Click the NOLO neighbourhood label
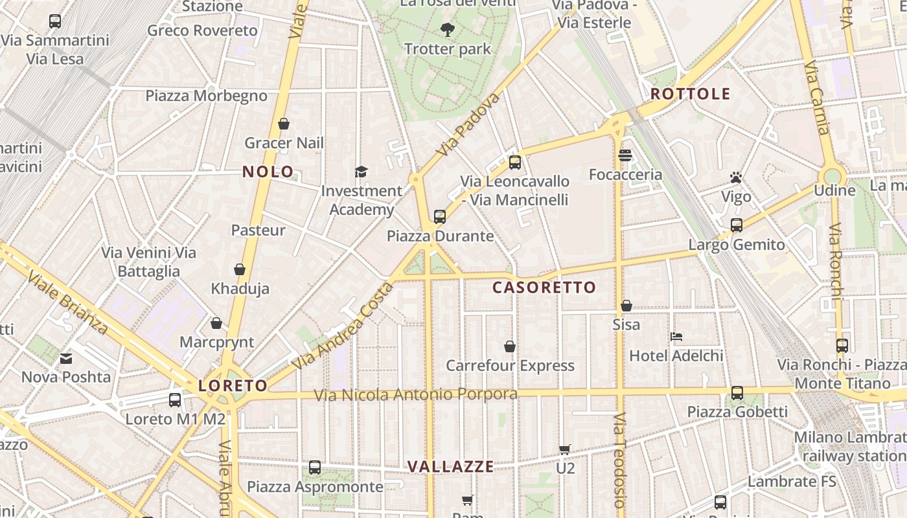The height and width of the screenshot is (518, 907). [268, 172]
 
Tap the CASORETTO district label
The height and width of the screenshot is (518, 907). [544, 287]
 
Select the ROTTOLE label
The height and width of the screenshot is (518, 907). [690, 94]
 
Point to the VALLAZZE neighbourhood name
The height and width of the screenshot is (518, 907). [450, 466]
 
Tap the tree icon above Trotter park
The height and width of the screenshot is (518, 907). [447, 29]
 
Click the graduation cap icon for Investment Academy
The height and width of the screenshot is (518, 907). [361, 172]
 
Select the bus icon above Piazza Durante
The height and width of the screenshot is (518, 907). [440, 217]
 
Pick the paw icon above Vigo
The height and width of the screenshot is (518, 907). [736, 177]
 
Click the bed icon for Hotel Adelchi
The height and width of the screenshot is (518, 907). [676, 337]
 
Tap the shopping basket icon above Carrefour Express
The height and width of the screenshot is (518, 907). [510, 346]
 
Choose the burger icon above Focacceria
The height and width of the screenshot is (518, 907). [625, 155]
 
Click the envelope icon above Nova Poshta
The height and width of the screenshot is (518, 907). [66, 358]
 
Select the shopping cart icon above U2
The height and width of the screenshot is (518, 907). [565, 449]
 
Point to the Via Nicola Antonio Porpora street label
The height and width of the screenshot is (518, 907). [415, 394]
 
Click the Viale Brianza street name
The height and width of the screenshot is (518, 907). [67, 302]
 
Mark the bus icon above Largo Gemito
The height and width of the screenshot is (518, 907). [737, 225]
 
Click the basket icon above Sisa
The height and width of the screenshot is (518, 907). [626, 306]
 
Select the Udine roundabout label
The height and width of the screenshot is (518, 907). [834, 190]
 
